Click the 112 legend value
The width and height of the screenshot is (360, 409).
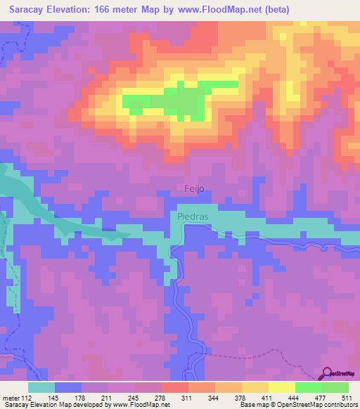tap(27, 398)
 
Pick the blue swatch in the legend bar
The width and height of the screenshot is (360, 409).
tap(68, 387)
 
